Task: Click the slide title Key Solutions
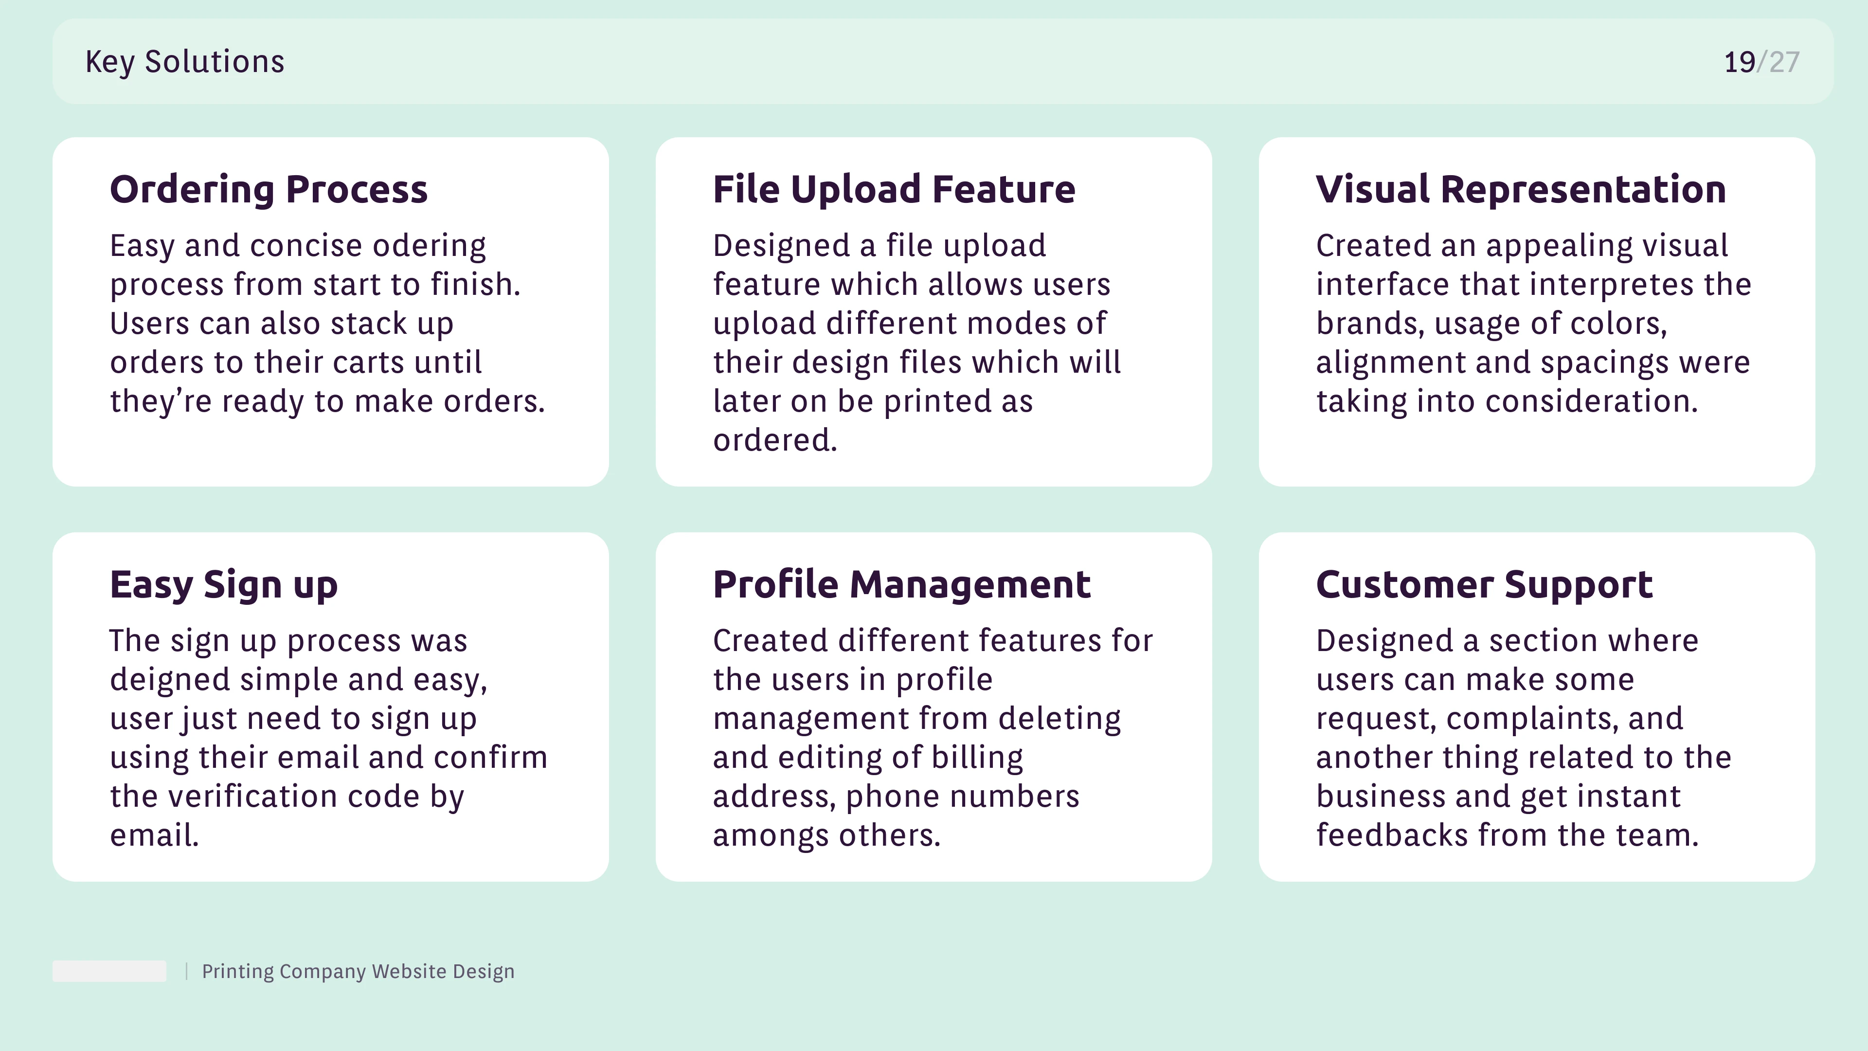[x=185, y=62]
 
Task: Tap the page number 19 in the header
[x=1740, y=62]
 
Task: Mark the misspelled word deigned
[x=170, y=680]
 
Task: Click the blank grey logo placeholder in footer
[x=109, y=971]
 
